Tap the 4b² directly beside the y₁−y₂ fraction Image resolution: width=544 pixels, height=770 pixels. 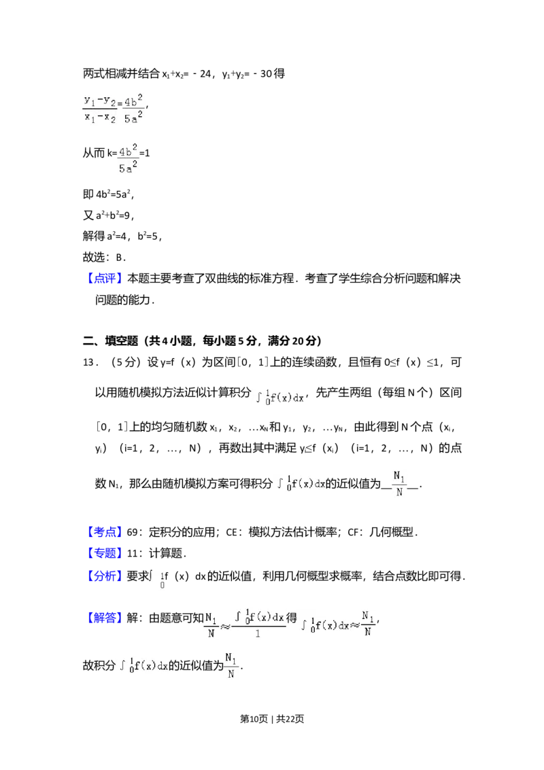[134, 101]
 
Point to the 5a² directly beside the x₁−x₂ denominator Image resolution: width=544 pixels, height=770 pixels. [134, 118]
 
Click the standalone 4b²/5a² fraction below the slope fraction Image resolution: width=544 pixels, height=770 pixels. [128, 160]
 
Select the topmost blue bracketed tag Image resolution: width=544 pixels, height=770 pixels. [105, 279]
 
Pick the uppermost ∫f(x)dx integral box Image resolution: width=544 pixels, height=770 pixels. [279, 398]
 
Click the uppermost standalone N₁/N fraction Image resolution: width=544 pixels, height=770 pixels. [400, 483]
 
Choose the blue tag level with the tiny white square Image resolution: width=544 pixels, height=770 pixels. [105, 531]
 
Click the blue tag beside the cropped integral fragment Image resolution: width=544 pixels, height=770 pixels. [105, 575]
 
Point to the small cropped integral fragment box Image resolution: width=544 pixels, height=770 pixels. [158, 580]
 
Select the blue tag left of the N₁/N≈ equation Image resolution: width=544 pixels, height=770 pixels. [105, 617]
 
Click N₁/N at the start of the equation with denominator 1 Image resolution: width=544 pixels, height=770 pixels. [211, 623]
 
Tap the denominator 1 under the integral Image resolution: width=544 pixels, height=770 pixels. [258, 633]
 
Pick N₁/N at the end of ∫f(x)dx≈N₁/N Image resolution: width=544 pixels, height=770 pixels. [368, 623]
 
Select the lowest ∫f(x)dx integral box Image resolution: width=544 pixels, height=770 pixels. [143, 666]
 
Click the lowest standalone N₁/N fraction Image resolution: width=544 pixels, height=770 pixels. [231, 666]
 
